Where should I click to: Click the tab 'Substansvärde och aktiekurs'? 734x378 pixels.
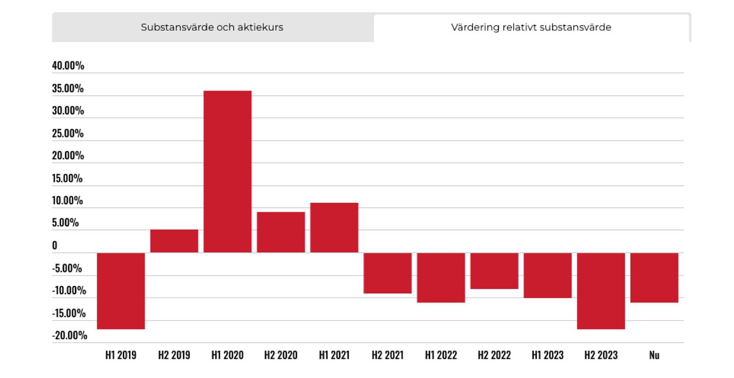point(212,27)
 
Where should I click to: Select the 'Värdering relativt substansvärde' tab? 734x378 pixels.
point(531,27)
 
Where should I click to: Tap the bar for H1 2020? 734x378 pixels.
point(228,171)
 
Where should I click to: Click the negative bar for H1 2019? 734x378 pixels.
point(121,291)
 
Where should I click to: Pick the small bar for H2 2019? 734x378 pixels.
point(174,241)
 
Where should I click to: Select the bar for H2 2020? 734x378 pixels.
point(281,232)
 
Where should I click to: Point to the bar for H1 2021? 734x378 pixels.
point(334,227)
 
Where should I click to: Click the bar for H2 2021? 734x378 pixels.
point(388,273)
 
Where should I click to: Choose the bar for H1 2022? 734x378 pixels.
point(441,277)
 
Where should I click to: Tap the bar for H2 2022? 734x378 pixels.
point(494,270)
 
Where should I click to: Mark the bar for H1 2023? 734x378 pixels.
point(548,275)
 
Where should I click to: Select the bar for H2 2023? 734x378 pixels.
point(601,291)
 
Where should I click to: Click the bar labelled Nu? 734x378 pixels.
point(654,277)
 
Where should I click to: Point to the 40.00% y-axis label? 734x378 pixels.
point(68,66)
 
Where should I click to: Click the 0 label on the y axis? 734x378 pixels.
point(55,245)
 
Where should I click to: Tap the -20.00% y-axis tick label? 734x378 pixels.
point(70,335)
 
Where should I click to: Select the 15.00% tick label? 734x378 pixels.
point(68,178)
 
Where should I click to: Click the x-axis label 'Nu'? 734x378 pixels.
point(654,355)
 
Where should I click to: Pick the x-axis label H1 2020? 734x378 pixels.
point(228,355)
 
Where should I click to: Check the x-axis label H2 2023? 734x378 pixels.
point(601,355)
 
